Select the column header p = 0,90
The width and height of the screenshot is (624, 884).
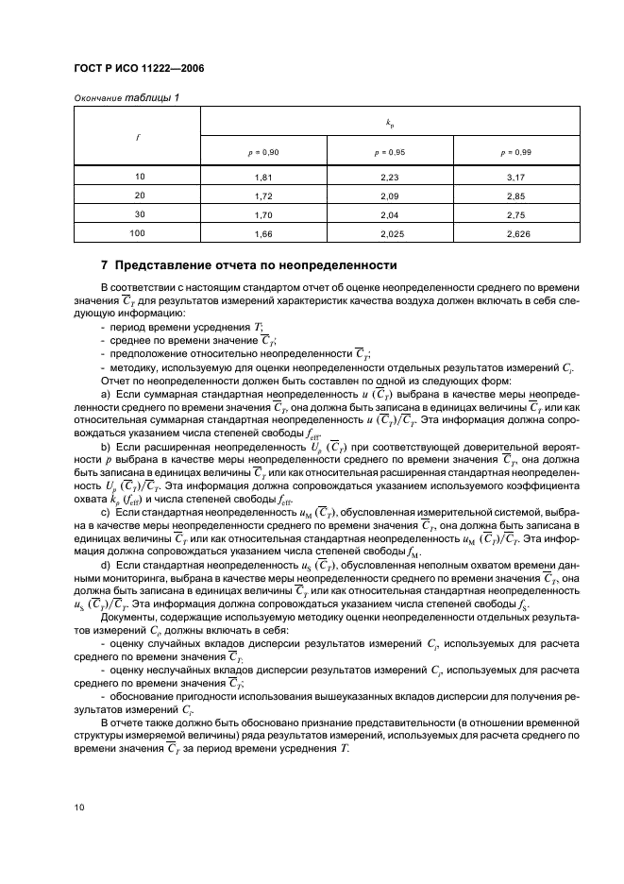[x=262, y=151]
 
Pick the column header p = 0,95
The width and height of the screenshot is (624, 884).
[x=389, y=151]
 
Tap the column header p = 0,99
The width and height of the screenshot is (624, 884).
[x=515, y=151]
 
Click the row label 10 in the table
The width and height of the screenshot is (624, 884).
[x=138, y=176]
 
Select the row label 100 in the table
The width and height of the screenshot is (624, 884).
[x=138, y=231]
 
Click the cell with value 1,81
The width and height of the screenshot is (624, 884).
[x=262, y=176]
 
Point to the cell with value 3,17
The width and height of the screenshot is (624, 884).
[x=515, y=176]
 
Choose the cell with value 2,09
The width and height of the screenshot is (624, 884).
[x=389, y=195]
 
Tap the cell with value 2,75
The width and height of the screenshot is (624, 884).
[x=515, y=213]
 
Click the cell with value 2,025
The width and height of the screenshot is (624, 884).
[x=389, y=231]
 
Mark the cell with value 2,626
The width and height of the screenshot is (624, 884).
[x=515, y=231]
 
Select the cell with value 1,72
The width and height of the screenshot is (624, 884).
[x=262, y=195]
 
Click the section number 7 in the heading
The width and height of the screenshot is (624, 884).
[x=105, y=264]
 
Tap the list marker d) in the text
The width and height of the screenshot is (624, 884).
[x=106, y=565]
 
